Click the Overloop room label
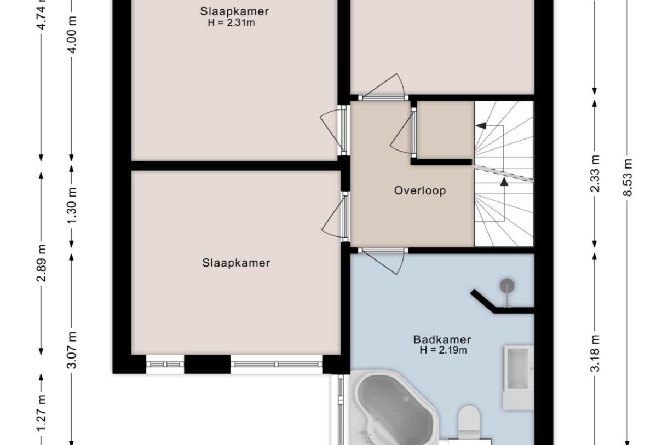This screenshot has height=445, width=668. pos(420,190)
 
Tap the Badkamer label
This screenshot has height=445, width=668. pos(442,339)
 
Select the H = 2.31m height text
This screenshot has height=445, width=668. pos(232,22)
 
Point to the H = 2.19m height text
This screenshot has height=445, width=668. pos(443,350)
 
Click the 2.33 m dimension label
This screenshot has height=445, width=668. pos(595,174)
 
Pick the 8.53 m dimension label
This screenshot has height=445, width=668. pos(627,177)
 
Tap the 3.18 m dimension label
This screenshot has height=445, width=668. pos(595,354)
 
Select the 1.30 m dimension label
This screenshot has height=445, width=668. pos(72,205)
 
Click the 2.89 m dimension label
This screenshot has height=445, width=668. pos(41,263)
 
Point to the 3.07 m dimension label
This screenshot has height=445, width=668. pos(72,350)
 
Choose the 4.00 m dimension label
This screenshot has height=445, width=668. pos(72,34)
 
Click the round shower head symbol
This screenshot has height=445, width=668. pos(507,285)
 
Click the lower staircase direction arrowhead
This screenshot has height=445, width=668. pos(504,182)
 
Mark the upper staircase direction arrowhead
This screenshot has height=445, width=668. pos(481,126)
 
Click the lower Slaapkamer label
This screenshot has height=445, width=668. pos(236,263)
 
